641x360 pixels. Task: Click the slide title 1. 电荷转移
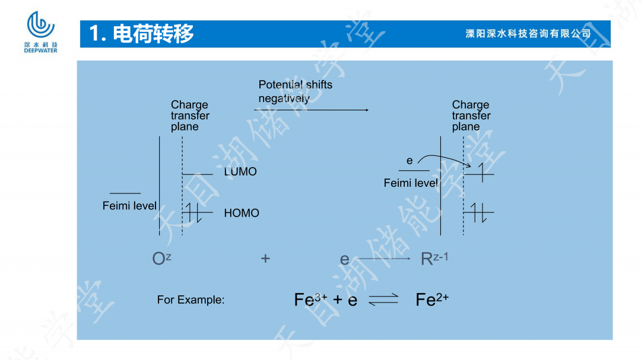pos(142,34)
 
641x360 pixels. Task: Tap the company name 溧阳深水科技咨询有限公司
pos(528,34)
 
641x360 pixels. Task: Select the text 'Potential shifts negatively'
pos(295,91)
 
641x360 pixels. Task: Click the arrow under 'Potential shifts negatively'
pos(311,110)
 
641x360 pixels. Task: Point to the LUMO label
pos(240,172)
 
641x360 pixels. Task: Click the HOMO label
pos(242,213)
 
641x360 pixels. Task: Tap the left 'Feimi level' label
pos(129,206)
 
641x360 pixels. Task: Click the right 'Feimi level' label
pos(411,183)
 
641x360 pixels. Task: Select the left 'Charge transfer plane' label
pos(190,116)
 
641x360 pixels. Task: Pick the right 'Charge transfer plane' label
pos(471,116)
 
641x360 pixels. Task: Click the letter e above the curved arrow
pos(410,161)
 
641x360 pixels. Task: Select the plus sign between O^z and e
pos(265,259)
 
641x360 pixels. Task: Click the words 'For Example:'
pos(191,300)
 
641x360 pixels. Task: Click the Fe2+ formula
pos(431,300)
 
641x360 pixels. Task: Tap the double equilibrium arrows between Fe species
pos(383,300)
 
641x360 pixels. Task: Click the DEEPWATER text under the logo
pos(41,51)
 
